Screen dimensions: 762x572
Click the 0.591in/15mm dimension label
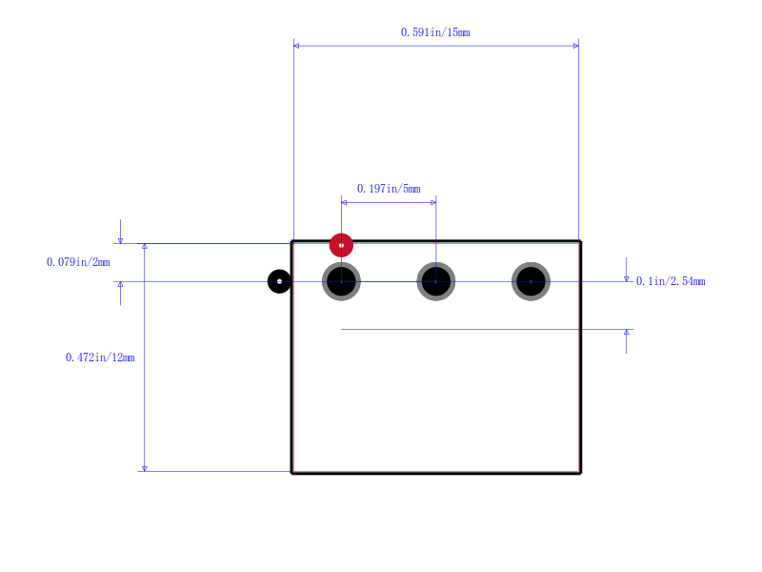coord(435,32)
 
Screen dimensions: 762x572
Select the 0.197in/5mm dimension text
coord(389,189)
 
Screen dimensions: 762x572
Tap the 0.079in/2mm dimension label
coord(78,262)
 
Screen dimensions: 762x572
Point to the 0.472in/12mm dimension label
coord(100,357)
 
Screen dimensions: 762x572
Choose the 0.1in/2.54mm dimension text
coord(671,281)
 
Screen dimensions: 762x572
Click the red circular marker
coord(341,245)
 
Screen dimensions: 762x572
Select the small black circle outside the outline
coord(279,281)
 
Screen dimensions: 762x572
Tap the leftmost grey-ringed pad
coord(341,281)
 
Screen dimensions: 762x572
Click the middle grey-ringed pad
coord(436,281)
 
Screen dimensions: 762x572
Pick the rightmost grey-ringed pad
coord(531,281)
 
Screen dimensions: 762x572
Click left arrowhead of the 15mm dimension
coord(296,46)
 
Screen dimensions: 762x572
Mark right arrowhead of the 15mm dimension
coord(576,46)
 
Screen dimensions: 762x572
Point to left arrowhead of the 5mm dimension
coord(344,202)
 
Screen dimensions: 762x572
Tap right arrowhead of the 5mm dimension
coord(433,202)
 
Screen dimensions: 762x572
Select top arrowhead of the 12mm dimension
coord(145,246)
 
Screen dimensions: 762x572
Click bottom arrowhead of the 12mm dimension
coord(145,468)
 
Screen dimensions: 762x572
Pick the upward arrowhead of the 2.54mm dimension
coord(626,332)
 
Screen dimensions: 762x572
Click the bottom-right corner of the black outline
coord(580,473)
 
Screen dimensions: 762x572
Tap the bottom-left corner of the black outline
coord(291,473)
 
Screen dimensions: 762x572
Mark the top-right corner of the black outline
coord(580,241)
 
